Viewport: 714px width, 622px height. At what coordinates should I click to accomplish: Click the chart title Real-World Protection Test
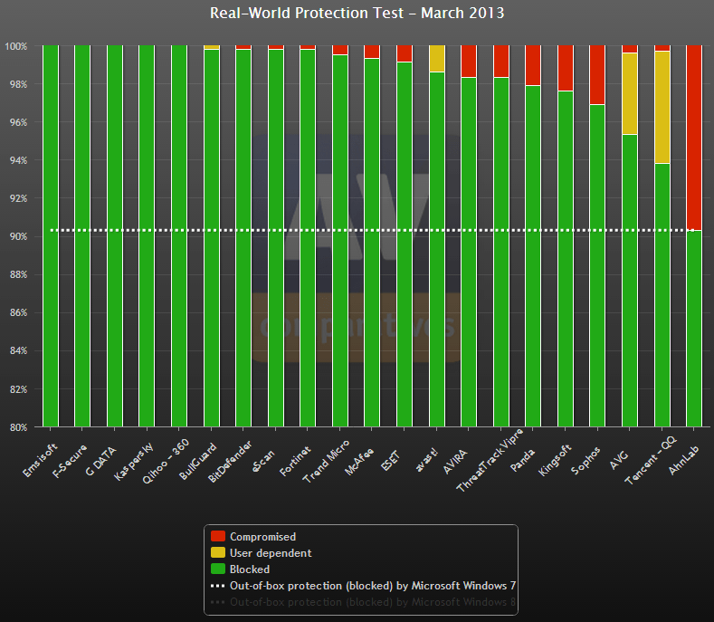pos(357,13)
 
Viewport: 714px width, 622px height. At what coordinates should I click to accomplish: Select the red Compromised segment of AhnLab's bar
pos(694,136)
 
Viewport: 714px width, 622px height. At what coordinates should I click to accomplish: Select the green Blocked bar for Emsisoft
pos(51,235)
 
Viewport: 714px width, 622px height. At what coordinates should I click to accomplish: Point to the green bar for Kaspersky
pos(147,235)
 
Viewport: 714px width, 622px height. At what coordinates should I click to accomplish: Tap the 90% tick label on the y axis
pos(17,236)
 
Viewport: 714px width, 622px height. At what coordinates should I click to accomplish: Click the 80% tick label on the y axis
pos(17,426)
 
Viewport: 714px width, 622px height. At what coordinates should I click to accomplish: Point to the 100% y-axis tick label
pos(15,46)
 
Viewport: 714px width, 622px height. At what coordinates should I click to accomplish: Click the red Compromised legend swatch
pos(217,537)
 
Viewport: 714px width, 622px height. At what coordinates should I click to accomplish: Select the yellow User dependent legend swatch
pos(217,553)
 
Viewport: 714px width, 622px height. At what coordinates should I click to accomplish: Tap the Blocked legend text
pos(250,569)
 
